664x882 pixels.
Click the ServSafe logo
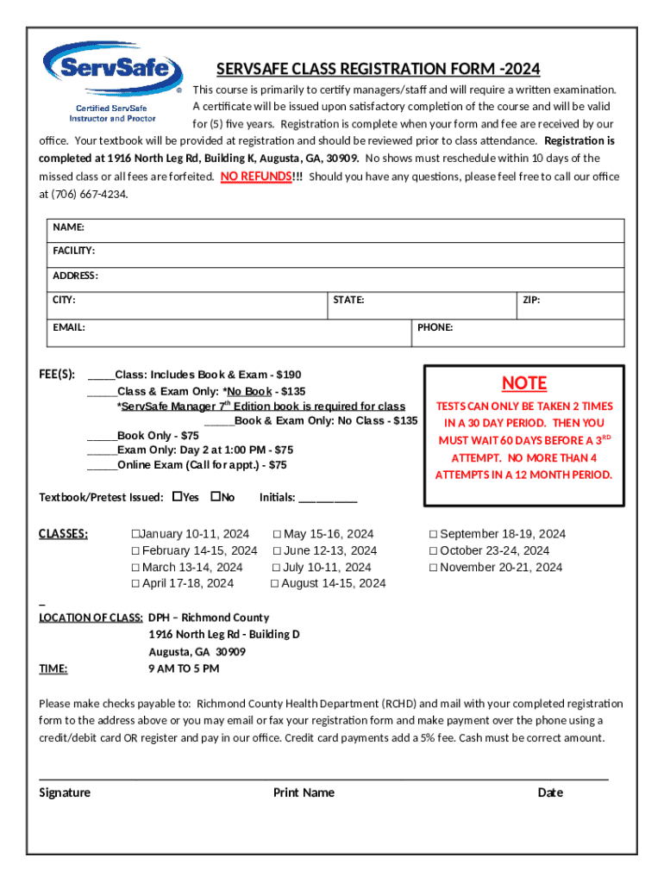pyautogui.click(x=112, y=82)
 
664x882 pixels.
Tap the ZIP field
pyautogui.click(x=570, y=305)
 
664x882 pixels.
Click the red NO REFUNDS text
pyautogui.click(x=254, y=177)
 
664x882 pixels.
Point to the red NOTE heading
pyautogui.click(x=524, y=383)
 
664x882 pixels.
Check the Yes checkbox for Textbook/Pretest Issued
pyautogui.click(x=178, y=497)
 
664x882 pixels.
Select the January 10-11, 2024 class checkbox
pyautogui.click(x=135, y=534)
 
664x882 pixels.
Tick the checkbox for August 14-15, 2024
pyautogui.click(x=275, y=584)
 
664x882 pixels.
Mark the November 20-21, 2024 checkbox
pyautogui.click(x=433, y=568)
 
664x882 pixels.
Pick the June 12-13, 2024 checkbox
pyautogui.click(x=278, y=551)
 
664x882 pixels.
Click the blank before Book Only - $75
pyautogui.click(x=102, y=436)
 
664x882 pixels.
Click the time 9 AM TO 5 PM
pyautogui.click(x=184, y=668)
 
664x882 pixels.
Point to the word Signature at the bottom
pyautogui.click(x=65, y=792)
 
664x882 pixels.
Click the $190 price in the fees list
pyautogui.click(x=288, y=375)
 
